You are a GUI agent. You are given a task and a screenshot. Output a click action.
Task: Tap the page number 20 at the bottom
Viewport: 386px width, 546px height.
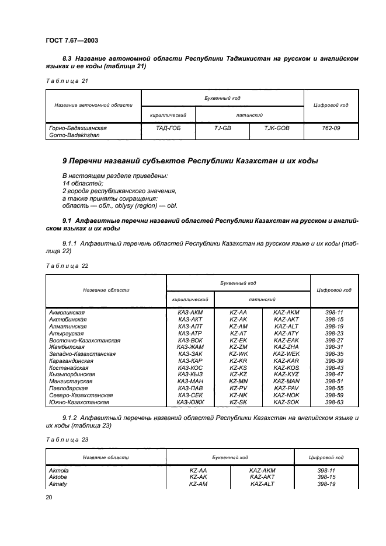coord(48,496)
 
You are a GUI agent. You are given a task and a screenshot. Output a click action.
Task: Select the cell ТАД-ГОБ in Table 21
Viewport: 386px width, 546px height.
coord(168,128)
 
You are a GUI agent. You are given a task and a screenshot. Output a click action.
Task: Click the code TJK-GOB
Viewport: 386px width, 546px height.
coord(276,128)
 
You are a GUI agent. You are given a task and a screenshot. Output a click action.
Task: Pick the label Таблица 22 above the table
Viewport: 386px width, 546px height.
coord(67,265)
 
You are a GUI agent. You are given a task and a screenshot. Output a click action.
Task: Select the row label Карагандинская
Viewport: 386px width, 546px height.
coord(72,360)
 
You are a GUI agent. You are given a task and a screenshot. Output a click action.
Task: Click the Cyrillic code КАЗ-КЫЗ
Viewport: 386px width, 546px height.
coord(189,374)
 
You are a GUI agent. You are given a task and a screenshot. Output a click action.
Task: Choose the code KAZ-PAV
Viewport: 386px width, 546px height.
coord(286,388)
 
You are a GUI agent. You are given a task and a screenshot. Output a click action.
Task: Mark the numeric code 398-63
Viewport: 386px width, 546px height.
coord(333,401)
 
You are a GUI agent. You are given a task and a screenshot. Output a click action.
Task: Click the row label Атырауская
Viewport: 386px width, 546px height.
coord(68,333)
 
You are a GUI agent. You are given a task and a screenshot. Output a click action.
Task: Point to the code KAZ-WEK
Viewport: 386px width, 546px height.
coord(286,353)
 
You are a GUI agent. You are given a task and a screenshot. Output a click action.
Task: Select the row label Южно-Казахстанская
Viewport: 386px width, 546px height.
coord(79,401)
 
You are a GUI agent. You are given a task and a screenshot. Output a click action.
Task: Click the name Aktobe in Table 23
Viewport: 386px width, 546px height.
coord(58,477)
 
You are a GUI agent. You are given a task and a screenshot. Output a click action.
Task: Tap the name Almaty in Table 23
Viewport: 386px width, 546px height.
coord(57,484)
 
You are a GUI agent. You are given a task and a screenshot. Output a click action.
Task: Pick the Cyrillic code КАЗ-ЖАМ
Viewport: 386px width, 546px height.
coord(189,346)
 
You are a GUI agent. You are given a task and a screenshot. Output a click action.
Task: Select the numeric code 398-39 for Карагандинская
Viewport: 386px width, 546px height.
coord(333,360)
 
